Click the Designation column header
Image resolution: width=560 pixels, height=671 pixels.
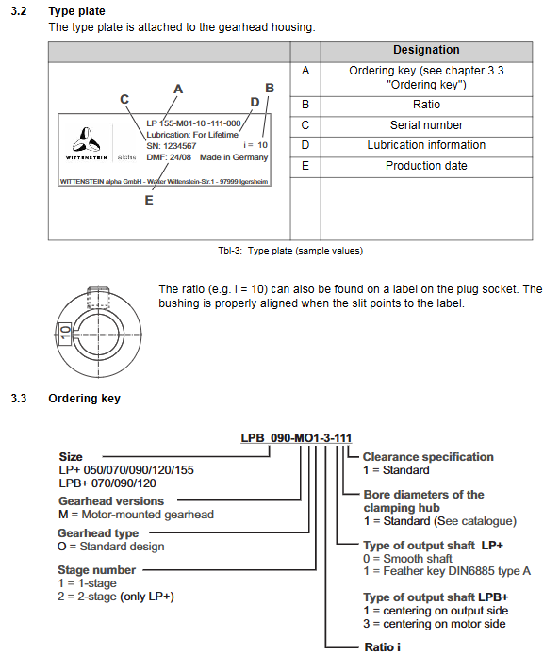pyautogui.click(x=426, y=50)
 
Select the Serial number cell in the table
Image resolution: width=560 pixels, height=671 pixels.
pyautogui.click(x=426, y=125)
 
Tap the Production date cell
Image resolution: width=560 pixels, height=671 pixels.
pyautogui.click(x=426, y=166)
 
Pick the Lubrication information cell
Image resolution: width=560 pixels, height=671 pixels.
pyautogui.click(x=426, y=145)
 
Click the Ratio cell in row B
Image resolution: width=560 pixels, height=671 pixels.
pyautogui.click(x=426, y=105)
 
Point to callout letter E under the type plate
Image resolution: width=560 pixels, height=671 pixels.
pyautogui.click(x=149, y=201)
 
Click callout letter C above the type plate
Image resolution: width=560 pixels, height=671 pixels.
pyautogui.click(x=124, y=99)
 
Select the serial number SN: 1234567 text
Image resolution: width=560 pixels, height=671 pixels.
pyautogui.click(x=172, y=146)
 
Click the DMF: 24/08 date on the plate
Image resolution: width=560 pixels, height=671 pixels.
pyautogui.click(x=169, y=157)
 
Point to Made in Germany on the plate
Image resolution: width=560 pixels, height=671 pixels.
pyautogui.click(x=234, y=157)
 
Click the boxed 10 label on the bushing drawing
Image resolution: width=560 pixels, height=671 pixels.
pyautogui.click(x=65, y=333)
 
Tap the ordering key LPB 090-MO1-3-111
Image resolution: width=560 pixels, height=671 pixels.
pyautogui.click(x=296, y=438)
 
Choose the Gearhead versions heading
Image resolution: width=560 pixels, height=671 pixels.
pyautogui.click(x=111, y=501)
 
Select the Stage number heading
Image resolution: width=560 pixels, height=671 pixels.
pyautogui.click(x=97, y=570)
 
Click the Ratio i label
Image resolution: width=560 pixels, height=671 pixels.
pyautogui.click(x=383, y=647)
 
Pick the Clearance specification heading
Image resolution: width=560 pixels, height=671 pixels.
pyautogui.click(x=428, y=457)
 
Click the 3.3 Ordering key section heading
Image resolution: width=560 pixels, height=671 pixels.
pyautogui.click(x=65, y=399)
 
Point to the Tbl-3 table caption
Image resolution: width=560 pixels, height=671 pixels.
pyautogui.click(x=290, y=251)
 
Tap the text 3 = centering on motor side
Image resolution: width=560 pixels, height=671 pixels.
pyautogui.click(x=435, y=624)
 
